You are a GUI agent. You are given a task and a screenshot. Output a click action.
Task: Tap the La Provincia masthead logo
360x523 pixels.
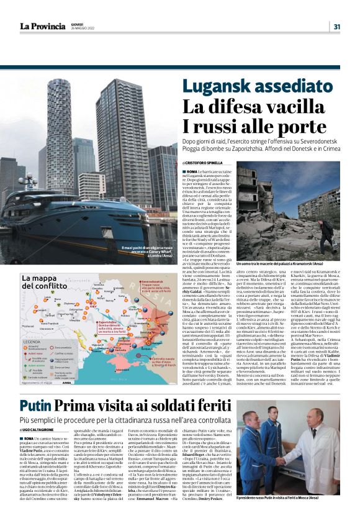pyautogui.click(x=42, y=26)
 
